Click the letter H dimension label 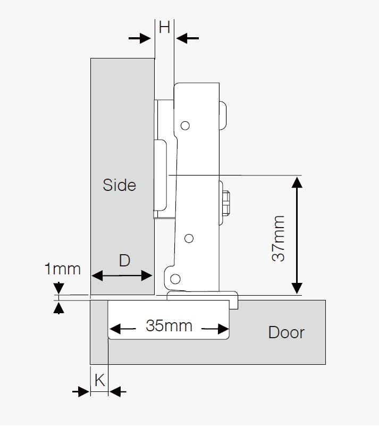point(164,27)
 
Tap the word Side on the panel point(120,185)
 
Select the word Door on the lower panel point(287,333)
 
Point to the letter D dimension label point(124,261)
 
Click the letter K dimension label point(99,380)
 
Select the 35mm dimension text point(169,325)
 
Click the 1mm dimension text point(62,269)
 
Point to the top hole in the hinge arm point(185,125)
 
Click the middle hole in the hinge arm point(188,239)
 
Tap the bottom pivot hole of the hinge point(175,278)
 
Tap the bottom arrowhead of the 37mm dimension point(297,288)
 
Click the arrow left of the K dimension point(81,392)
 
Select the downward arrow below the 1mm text point(59,288)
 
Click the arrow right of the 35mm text point(217,330)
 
